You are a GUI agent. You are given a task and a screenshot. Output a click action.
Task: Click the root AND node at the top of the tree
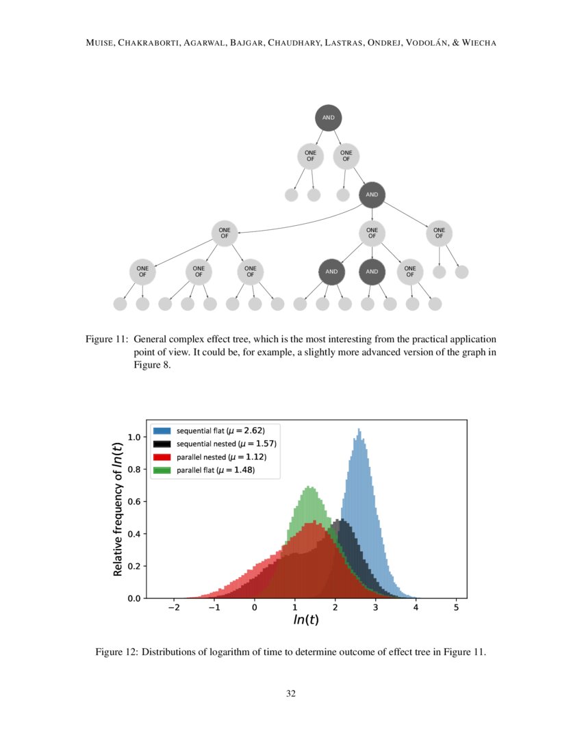[329, 118]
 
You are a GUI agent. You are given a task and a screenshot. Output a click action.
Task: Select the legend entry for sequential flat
[220, 431]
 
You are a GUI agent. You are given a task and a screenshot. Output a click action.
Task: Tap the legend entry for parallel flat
[215, 470]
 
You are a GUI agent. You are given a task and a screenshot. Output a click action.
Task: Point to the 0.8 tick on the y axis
[136, 470]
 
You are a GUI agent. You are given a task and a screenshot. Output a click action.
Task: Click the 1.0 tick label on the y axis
[136, 437]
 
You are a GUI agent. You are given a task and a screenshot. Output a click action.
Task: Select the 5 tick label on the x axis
[456, 609]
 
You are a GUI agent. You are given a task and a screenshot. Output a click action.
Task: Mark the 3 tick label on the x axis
[375, 609]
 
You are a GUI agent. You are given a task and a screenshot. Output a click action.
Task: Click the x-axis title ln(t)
[306, 622]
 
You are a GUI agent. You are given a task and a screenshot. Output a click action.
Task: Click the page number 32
[291, 694]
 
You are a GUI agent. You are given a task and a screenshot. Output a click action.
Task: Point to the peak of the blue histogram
[358, 430]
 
